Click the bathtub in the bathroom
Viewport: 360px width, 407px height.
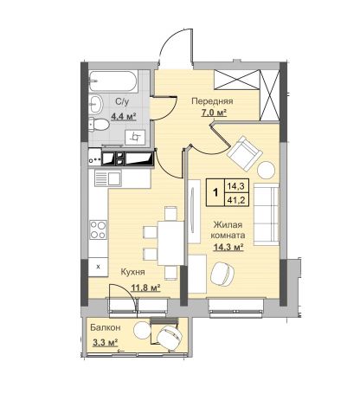point(113,81)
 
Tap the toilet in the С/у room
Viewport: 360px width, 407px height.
point(99,125)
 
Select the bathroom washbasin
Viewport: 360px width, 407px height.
point(95,104)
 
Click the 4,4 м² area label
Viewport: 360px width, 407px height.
point(124,116)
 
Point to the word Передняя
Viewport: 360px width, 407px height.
point(212,101)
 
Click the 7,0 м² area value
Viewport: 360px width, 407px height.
point(214,113)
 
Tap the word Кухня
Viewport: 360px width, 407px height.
point(132,272)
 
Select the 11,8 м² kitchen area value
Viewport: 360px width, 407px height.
point(146,287)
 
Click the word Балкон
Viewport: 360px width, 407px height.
point(105,327)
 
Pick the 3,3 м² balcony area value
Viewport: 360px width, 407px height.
point(105,343)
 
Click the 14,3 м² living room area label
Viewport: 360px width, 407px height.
point(228,247)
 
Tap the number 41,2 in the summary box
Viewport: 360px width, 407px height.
point(236,199)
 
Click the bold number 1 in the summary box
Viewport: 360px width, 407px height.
point(215,192)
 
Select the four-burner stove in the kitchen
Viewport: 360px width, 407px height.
point(98,229)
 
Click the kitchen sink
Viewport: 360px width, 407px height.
point(107,178)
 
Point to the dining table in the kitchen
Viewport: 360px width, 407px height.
point(170,243)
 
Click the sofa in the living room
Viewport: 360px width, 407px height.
point(267,214)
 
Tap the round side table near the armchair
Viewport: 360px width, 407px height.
point(266,170)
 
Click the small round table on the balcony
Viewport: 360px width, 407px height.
point(142,331)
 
